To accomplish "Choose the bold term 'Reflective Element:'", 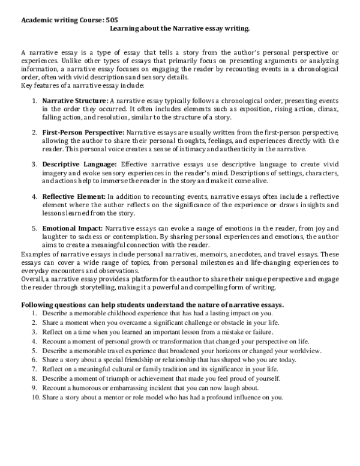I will click(x=73, y=196).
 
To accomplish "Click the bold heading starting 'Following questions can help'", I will click(x=152, y=304).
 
